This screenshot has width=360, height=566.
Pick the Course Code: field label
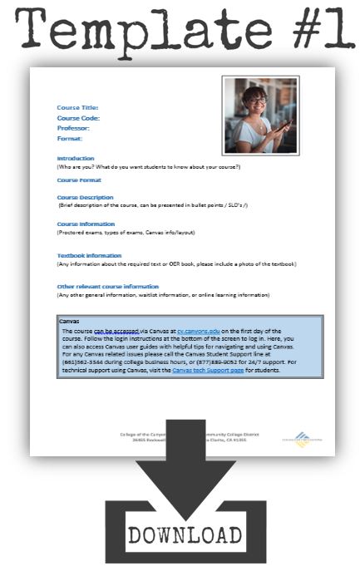pyautogui.click(x=78, y=118)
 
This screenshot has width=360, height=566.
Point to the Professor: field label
pyautogui.click(x=73, y=128)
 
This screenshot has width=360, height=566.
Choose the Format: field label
pyautogui.click(x=70, y=138)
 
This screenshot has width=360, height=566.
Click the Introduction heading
pyautogui.click(x=76, y=158)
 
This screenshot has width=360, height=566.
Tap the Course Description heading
pyautogui.click(x=85, y=197)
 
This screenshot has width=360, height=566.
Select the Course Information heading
pyautogui.click(x=86, y=224)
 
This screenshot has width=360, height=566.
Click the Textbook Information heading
pyautogui.click(x=89, y=255)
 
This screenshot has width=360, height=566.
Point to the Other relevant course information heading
pyautogui.click(x=107, y=286)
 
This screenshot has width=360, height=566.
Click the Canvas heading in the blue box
pyautogui.click(x=69, y=320)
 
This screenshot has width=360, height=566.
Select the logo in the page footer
pyautogui.click(x=302, y=438)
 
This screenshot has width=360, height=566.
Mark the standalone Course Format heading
pyautogui.click(x=79, y=180)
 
